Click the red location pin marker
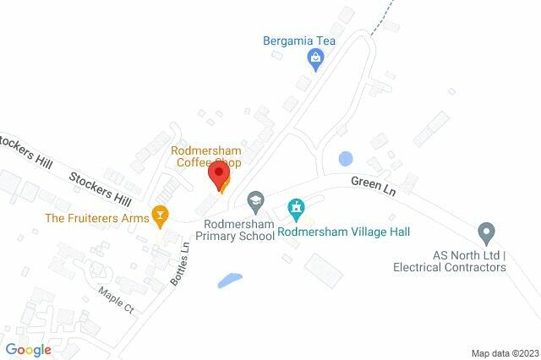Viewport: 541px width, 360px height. coord(220,175)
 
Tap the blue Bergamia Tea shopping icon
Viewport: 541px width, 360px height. coord(315,57)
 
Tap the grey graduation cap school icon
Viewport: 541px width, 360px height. coord(254,200)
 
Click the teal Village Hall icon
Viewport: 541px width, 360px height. coord(296,207)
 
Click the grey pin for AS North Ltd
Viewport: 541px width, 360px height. coord(485,231)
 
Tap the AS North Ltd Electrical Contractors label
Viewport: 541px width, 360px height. coord(449,261)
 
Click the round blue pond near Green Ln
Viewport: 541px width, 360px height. coord(345,158)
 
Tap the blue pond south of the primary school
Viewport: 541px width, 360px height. coord(229,280)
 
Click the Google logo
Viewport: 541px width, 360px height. coord(28,349)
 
